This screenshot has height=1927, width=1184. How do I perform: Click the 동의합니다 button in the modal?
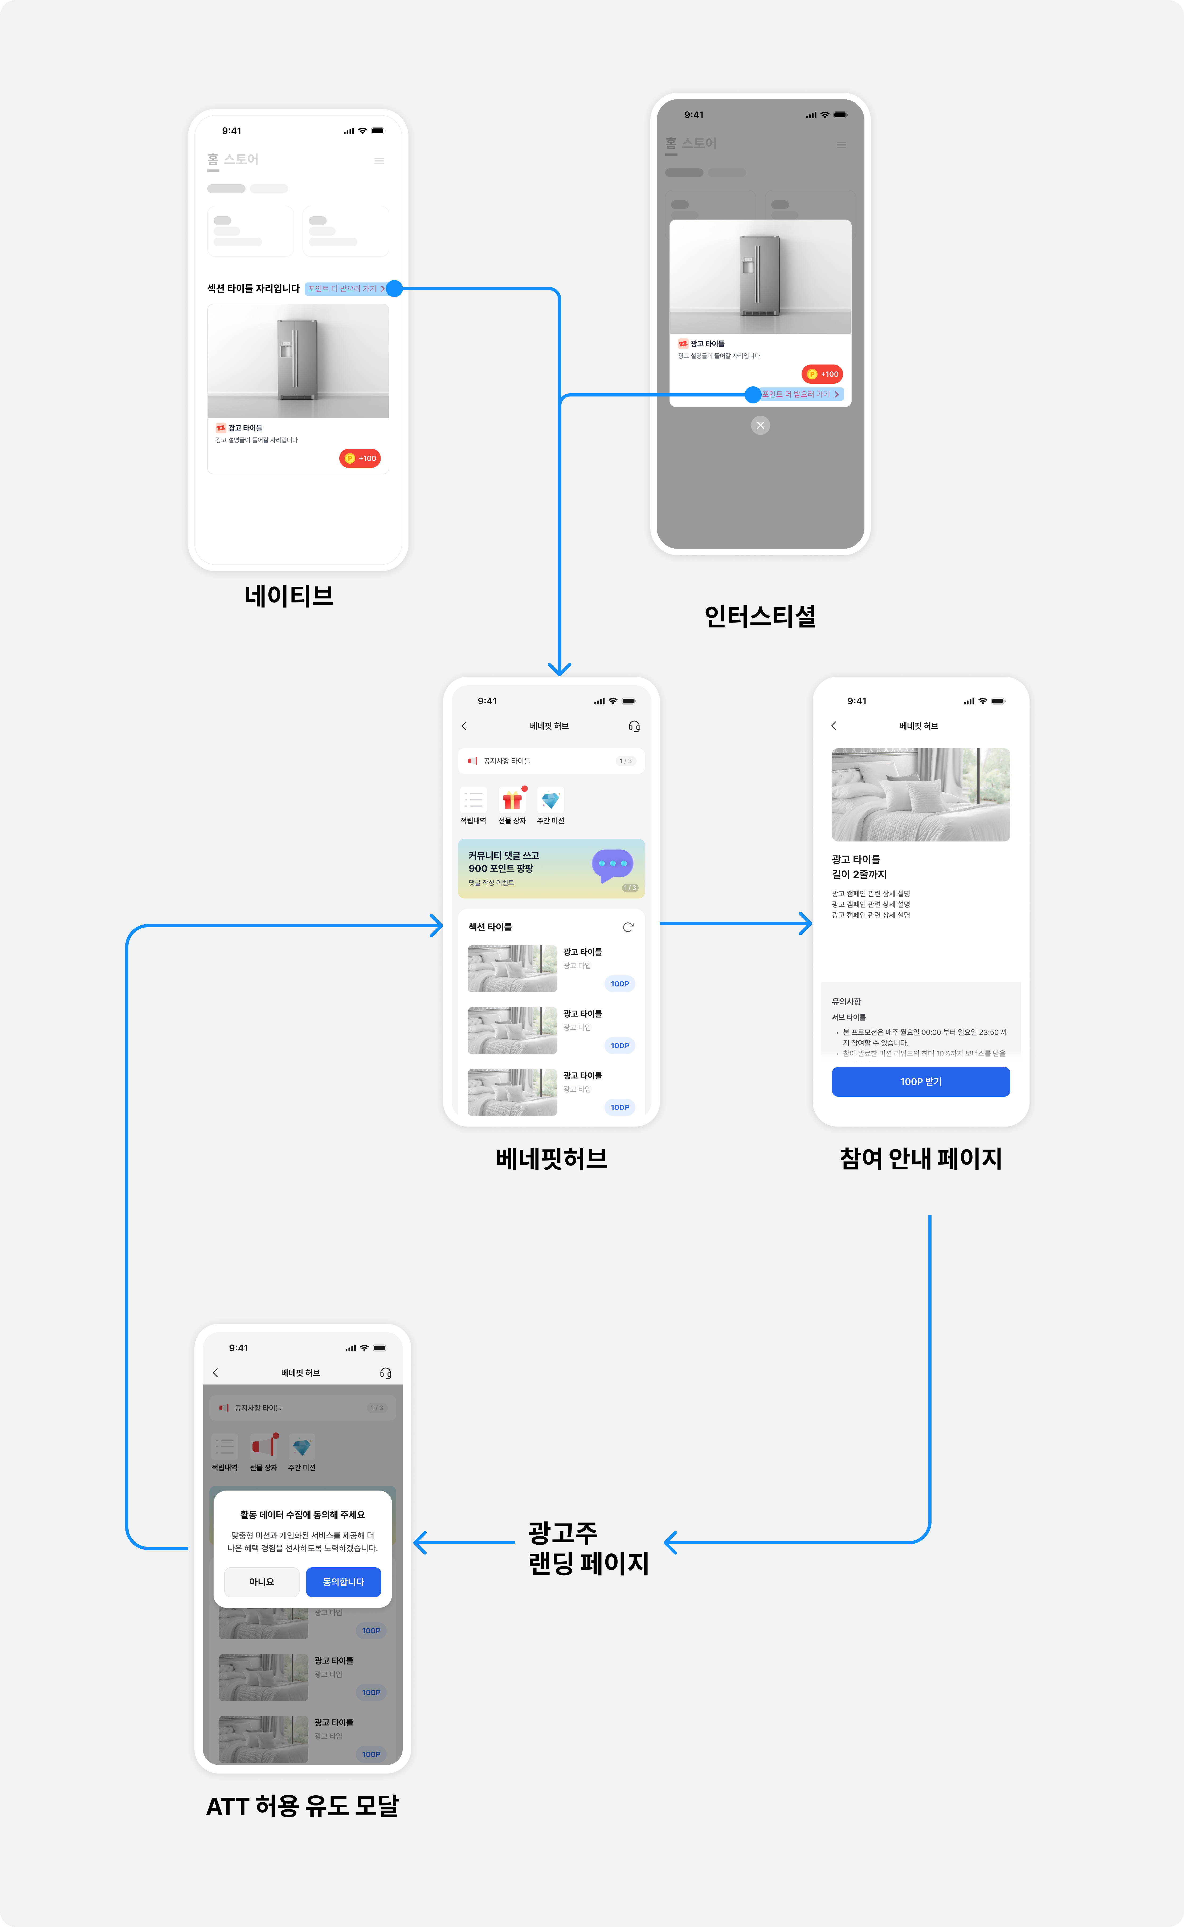point(343,1582)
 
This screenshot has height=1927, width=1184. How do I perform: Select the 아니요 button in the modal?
point(262,1582)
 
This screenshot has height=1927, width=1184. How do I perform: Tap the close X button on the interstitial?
point(760,425)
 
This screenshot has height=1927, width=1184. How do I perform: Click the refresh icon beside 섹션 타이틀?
point(628,928)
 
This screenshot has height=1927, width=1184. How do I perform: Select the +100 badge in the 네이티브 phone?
point(360,458)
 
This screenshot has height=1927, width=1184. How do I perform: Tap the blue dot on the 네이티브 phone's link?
point(395,288)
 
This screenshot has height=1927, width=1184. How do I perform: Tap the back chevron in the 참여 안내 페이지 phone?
point(834,726)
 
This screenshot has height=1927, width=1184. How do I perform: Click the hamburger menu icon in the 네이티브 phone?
point(379,161)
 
